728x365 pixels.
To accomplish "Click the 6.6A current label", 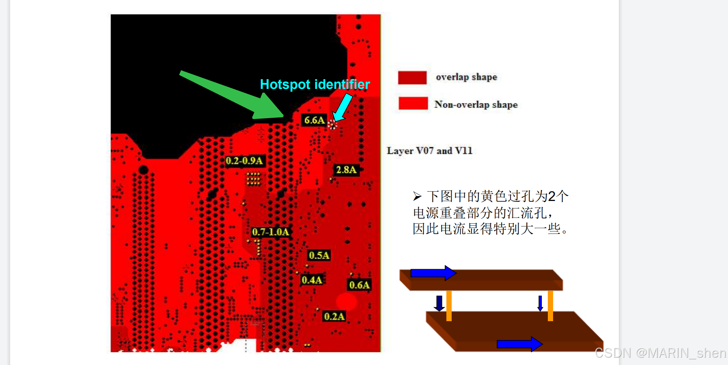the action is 314,120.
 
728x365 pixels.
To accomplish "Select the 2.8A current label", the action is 346,170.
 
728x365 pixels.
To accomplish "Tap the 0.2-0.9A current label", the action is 244,161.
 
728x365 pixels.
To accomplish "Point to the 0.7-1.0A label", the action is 270,232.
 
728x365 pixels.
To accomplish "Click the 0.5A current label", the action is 319,255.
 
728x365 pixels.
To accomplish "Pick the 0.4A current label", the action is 312,280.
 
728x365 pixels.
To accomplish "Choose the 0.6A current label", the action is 360,285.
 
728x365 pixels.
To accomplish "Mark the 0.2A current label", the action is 334,316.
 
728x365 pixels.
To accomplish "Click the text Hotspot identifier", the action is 315,84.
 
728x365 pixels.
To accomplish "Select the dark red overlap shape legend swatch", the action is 412,78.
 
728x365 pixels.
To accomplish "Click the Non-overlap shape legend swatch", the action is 413,104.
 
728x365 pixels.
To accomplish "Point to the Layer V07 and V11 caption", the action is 429,151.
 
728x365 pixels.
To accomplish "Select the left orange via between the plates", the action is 449,305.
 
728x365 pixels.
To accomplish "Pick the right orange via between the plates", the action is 550,305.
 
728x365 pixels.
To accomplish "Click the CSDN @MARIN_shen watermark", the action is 660,353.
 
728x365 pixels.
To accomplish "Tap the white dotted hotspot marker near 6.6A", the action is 332,125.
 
